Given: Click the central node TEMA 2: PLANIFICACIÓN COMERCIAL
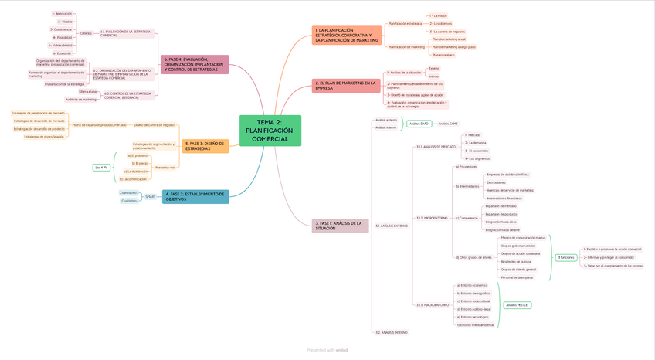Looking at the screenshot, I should (270, 131).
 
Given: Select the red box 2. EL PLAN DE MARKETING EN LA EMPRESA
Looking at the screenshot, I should (346, 85).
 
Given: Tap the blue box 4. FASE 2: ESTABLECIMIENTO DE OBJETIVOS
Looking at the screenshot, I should (195, 196).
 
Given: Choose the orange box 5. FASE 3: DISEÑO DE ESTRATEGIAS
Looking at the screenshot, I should (205, 146).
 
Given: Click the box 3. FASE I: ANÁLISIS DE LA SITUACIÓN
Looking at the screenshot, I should (340, 226).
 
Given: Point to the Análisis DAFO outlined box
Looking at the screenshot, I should (419, 124).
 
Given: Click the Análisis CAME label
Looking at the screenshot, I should (448, 124).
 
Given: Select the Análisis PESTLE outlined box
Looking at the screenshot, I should (517, 305).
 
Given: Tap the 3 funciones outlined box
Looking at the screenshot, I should (566, 257).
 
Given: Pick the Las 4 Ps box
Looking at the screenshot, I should (101, 167).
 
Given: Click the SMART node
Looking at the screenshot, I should (150, 197).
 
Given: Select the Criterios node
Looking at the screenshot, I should (86, 33).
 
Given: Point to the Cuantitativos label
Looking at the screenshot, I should (129, 193).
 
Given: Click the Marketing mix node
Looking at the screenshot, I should (165, 167).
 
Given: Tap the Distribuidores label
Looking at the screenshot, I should (497, 182).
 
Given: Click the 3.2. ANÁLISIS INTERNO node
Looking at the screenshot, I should (392, 332).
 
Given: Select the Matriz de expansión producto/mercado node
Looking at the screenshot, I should (99, 124).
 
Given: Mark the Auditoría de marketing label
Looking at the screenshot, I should (81, 99).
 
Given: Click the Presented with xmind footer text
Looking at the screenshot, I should (327, 350).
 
